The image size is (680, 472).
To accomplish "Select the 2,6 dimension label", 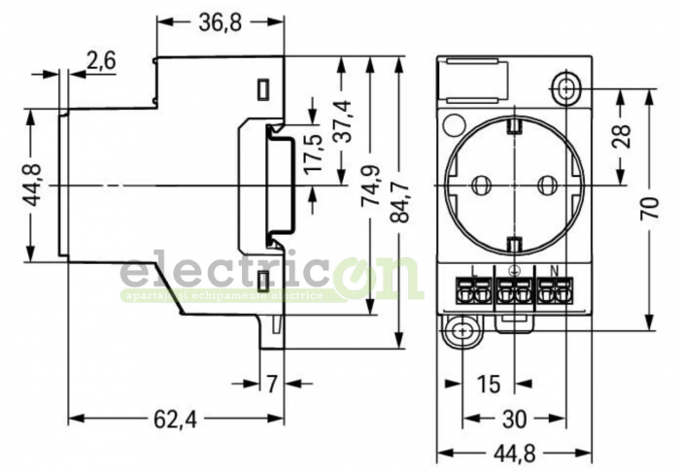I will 101,60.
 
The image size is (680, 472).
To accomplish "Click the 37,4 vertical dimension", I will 341,120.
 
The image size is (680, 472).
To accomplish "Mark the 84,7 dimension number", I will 398,198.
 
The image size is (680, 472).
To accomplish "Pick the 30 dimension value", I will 514,420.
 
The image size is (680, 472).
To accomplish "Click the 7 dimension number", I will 273,385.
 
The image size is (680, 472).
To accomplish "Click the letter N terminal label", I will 554,271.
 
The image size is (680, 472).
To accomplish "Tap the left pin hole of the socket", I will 478,183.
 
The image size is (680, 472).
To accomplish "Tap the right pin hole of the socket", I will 547,183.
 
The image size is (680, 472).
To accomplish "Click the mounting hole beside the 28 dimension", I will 567,89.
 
